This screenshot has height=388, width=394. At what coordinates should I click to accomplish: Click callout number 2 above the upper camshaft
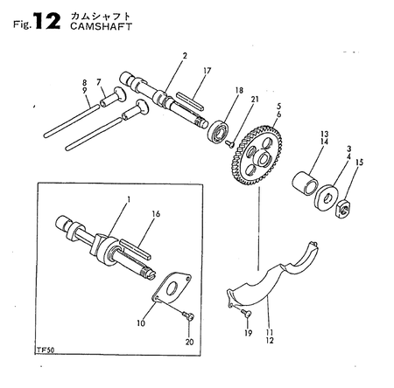click(185, 57)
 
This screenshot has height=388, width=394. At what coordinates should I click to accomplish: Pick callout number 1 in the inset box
click(128, 200)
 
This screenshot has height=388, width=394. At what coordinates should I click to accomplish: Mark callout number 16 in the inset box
click(156, 212)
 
